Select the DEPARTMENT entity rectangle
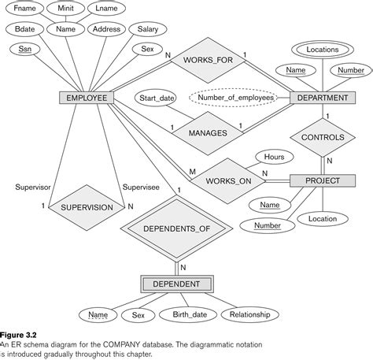pos(319,98)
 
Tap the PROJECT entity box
pos(315,180)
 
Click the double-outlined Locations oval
pos(323,50)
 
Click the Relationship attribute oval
pos(245,315)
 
